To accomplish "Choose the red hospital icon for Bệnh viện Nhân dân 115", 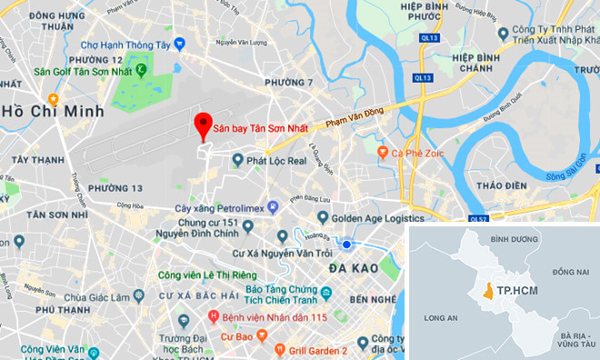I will [214, 316].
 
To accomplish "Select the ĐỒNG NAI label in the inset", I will [569, 272].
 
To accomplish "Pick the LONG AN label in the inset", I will [440, 318].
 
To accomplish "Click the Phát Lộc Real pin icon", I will [237, 160].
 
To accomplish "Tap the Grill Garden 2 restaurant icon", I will [261, 350].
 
